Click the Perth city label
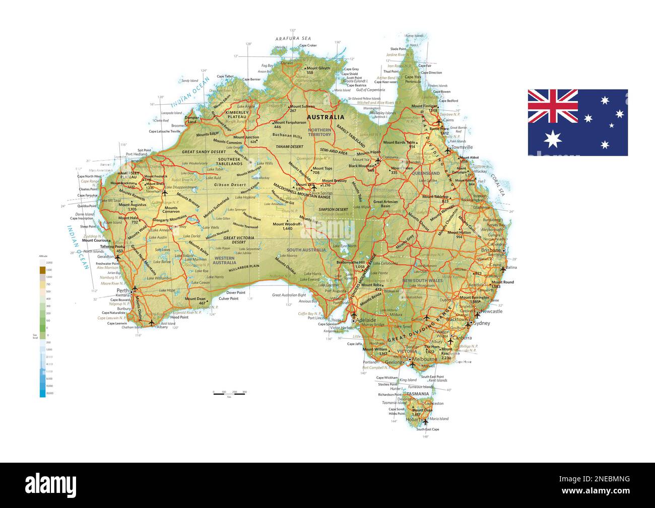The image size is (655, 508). (122, 291)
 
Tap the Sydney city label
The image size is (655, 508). (482, 323)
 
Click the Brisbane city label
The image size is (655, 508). (491, 250)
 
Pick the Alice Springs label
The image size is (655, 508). (322, 193)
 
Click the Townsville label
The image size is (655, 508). (462, 147)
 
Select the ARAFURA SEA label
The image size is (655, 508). (293, 38)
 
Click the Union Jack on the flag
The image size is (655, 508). (553, 106)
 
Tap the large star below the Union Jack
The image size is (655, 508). (553, 138)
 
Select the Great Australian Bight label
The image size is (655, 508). (289, 295)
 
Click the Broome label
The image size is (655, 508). (177, 125)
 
